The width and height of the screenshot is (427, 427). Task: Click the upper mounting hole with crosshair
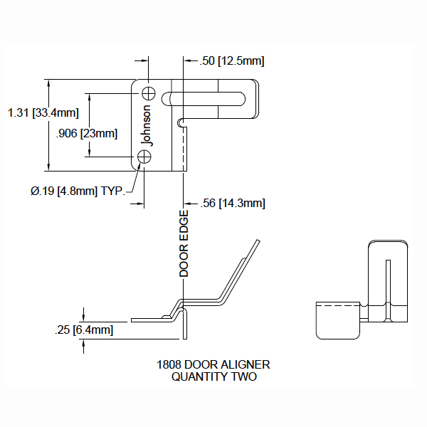[x=149, y=93]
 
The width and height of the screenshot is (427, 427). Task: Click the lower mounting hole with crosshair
[x=146, y=157]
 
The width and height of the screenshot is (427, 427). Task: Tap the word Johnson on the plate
[x=147, y=125]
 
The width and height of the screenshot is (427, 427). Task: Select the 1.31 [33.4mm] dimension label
[x=42, y=112]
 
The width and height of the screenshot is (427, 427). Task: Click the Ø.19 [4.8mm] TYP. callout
[x=78, y=190]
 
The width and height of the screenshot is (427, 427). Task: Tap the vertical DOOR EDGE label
[x=184, y=243]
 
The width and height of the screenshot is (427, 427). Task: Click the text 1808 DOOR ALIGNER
[x=213, y=364]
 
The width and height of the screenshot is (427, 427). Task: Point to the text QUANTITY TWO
[x=214, y=376]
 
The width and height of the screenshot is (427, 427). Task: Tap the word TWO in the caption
[x=243, y=376]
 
